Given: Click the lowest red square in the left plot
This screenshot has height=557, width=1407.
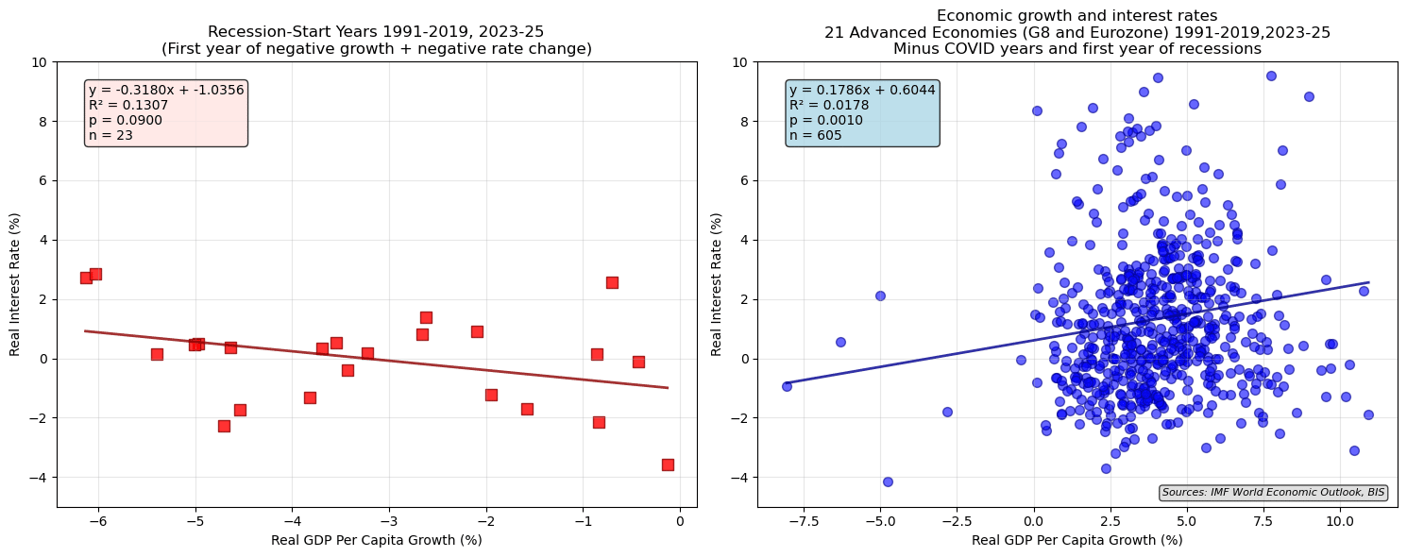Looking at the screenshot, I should pyautogui.click(x=668, y=464).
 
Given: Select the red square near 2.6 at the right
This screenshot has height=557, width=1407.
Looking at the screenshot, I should pyautogui.click(x=612, y=282).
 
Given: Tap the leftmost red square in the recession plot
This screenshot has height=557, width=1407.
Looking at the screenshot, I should pyautogui.click(x=86, y=278).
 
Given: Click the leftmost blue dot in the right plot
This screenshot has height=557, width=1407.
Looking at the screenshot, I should pyautogui.click(x=787, y=386).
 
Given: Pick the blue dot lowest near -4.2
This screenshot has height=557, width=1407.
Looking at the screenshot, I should pyautogui.click(x=888, y=481).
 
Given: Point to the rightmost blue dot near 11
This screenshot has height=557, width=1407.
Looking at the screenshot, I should pyautogui.click(x=1368, y=414).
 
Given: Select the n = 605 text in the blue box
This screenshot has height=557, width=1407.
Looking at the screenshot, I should pyautogui.click(x=815, y=136).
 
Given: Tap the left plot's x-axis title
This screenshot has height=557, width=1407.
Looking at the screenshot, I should pyautogui.click(x=376, y=540).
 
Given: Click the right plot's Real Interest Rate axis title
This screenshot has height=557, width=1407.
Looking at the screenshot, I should pyautogui.click(x=717, y=284).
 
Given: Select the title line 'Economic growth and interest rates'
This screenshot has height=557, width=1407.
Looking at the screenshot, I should pyautogui.click(x=1076, y=15).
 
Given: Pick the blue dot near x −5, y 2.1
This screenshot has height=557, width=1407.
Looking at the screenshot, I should pyautogui.click(x=880, y=295).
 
